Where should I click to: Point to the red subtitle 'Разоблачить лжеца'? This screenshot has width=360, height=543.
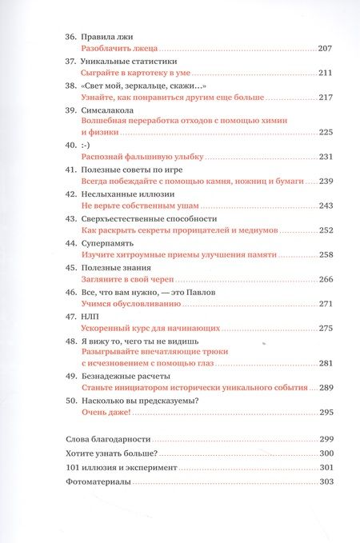coord(121,49)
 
